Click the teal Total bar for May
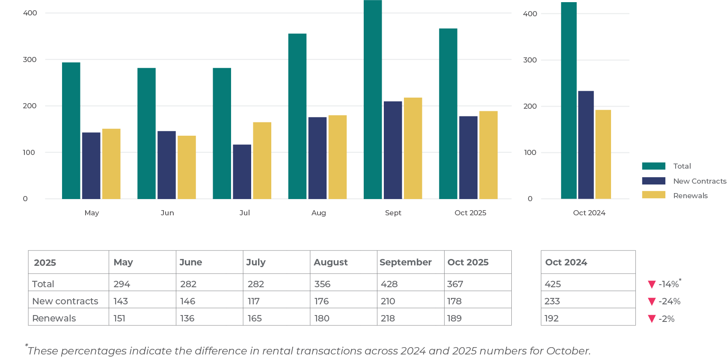[71, 131]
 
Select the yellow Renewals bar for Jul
[262, 161]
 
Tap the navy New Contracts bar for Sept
[393, 150]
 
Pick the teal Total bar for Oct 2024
[569, 101]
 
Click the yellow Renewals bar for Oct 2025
[488, 155]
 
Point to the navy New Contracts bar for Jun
[166, 165]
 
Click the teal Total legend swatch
[653, 166]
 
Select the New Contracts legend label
[700, 181]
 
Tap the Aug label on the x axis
[318, 213]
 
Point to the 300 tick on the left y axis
[30, 60]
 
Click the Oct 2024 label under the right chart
[589, 213]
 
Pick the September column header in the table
[405, 262]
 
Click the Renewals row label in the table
[54, 318]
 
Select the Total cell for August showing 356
[322, 284]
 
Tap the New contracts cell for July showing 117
[253, 301]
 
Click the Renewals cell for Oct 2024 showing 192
[552, 318]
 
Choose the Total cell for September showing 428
[389, 284]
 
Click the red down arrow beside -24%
[652, 301]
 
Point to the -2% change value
[667, 318]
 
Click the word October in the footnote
[568, 351]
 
